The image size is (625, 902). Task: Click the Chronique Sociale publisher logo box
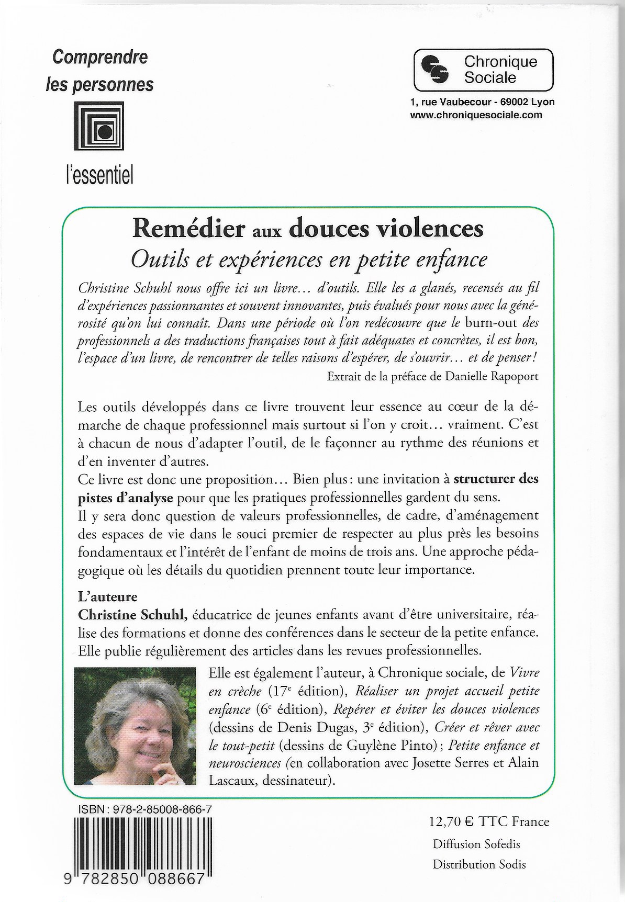(x=483, y=70)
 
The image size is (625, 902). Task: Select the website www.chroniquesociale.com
(x=476, y=115)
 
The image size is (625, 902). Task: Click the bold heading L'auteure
(x=107, y=596)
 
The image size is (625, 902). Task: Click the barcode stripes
(x=143, y=847)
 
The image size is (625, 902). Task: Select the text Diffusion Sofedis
(x=476, y=844)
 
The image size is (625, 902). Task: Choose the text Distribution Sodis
(x=479, y=864)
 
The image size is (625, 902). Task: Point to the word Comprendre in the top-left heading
(x=99, y=57)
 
